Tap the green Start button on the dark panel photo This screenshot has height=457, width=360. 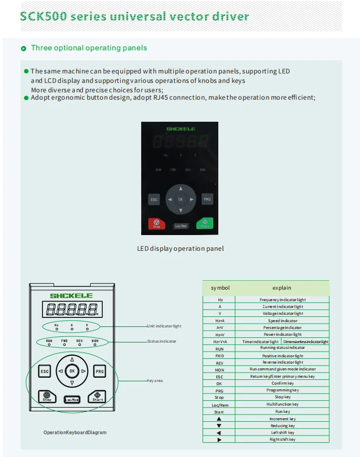click(205, 223)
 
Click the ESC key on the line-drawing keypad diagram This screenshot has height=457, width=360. click(45, 371)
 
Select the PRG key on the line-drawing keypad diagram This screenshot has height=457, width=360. click(100, 371)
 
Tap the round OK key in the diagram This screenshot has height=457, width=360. click(72, 371)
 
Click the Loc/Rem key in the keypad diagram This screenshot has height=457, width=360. click(72, 399)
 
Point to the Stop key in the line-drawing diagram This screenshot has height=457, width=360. click(47, 397)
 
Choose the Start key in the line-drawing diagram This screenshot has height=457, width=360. click(98, 397)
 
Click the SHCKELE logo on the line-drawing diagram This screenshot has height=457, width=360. click(71, 296)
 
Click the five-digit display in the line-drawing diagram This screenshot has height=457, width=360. click(71, 309)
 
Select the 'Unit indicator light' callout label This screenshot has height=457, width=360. click(164, 326)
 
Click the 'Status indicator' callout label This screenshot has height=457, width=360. click(162, 341)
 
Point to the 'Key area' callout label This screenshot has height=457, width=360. click(155, 380)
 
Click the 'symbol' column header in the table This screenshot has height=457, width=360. click(220, 288)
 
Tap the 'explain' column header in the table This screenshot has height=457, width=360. click(282, 288)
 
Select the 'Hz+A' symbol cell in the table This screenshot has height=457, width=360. click(220, 321)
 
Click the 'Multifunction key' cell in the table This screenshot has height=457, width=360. click(282, 405)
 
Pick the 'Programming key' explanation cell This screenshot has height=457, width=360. click(282, 390)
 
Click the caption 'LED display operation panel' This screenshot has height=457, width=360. click(180, 248)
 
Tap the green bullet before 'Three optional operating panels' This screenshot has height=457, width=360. click(24, 48)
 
